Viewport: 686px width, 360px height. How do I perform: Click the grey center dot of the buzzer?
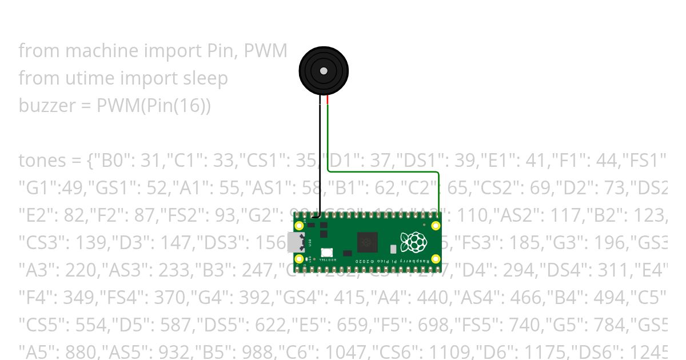coord(324,71)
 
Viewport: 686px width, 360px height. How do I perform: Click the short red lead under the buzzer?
coord(328,101)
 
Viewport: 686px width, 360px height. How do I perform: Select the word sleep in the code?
coord(205,78)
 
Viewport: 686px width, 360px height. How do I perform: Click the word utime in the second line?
coord(83,78)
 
